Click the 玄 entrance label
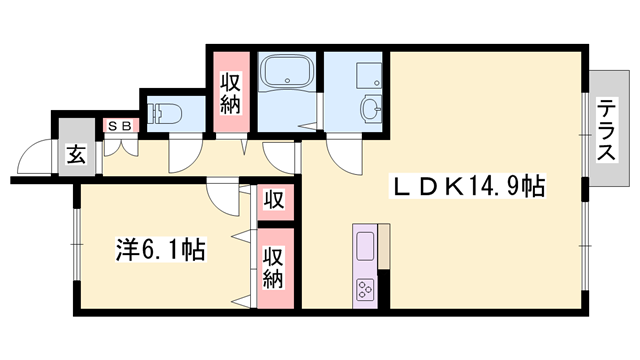(75, 154)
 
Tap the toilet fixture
(166, 112)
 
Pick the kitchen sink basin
(364, 245)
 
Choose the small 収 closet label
(273, 200)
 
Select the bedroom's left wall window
(74, 246)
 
